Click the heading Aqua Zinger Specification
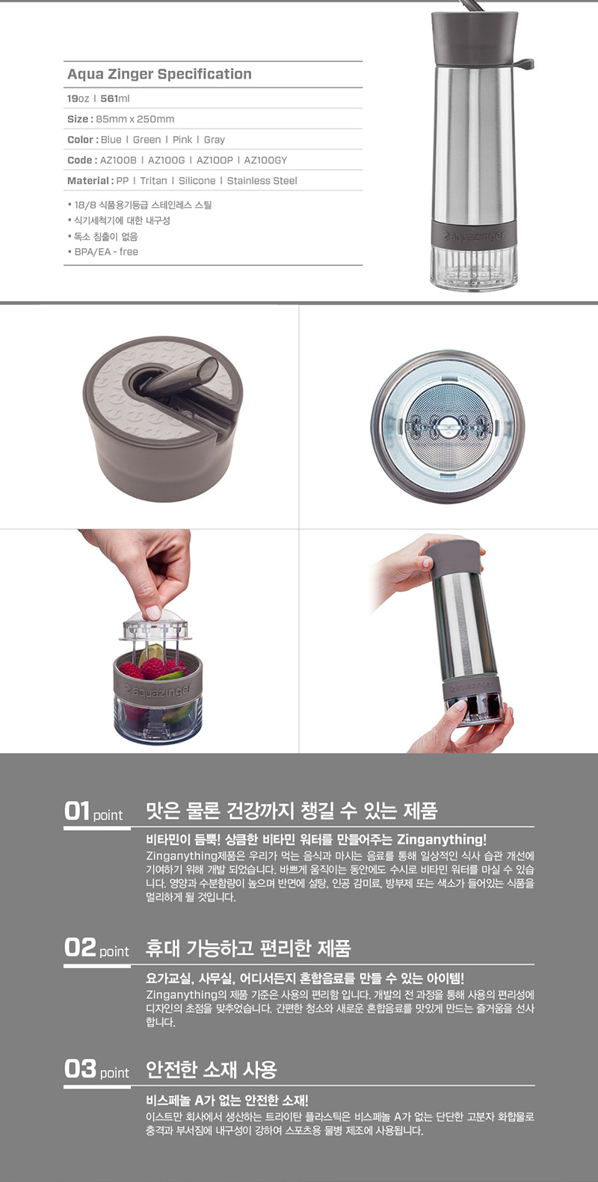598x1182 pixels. pos(159,74)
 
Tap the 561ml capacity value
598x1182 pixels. pos(114,98)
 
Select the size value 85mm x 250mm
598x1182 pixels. pos(135,119)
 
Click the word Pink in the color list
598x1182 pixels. pos(182,139)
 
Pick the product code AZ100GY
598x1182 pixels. pos(265,160)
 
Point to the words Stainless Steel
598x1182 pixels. pos(262,181)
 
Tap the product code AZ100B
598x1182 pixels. pos(118,160)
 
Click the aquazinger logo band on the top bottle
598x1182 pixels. pos(473,235)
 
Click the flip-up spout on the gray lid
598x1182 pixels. pos(179,377)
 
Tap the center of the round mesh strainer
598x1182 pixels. pos(448,426)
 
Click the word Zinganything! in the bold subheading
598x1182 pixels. pos(442,839)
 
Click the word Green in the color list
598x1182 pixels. pos(147,139)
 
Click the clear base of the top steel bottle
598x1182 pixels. pos(473,267)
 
